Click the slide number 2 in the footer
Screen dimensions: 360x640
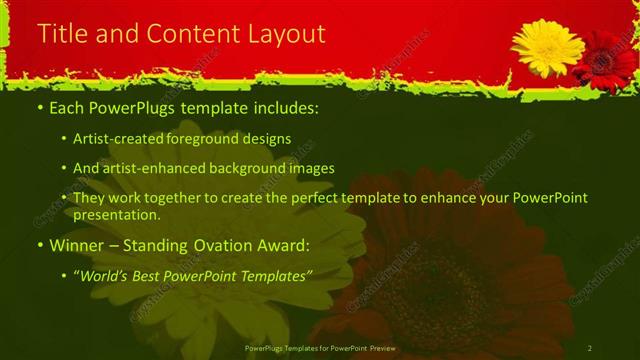coord(590,348)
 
